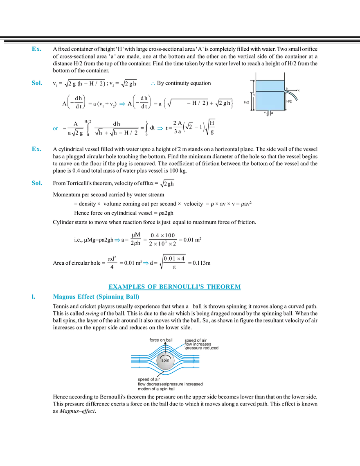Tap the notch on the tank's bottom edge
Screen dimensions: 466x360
(269, 110)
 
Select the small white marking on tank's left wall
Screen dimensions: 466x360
(254, 96)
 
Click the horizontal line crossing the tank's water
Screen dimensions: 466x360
(270, 90)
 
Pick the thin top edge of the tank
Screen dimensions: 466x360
(270, 80)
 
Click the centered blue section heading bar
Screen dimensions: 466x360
(174, 286)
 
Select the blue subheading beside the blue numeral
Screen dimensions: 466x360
(95, 297)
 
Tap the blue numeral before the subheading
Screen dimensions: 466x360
(32, 297)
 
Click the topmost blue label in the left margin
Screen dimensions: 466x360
(36, 49)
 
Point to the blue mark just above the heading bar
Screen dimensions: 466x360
(146, 264)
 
